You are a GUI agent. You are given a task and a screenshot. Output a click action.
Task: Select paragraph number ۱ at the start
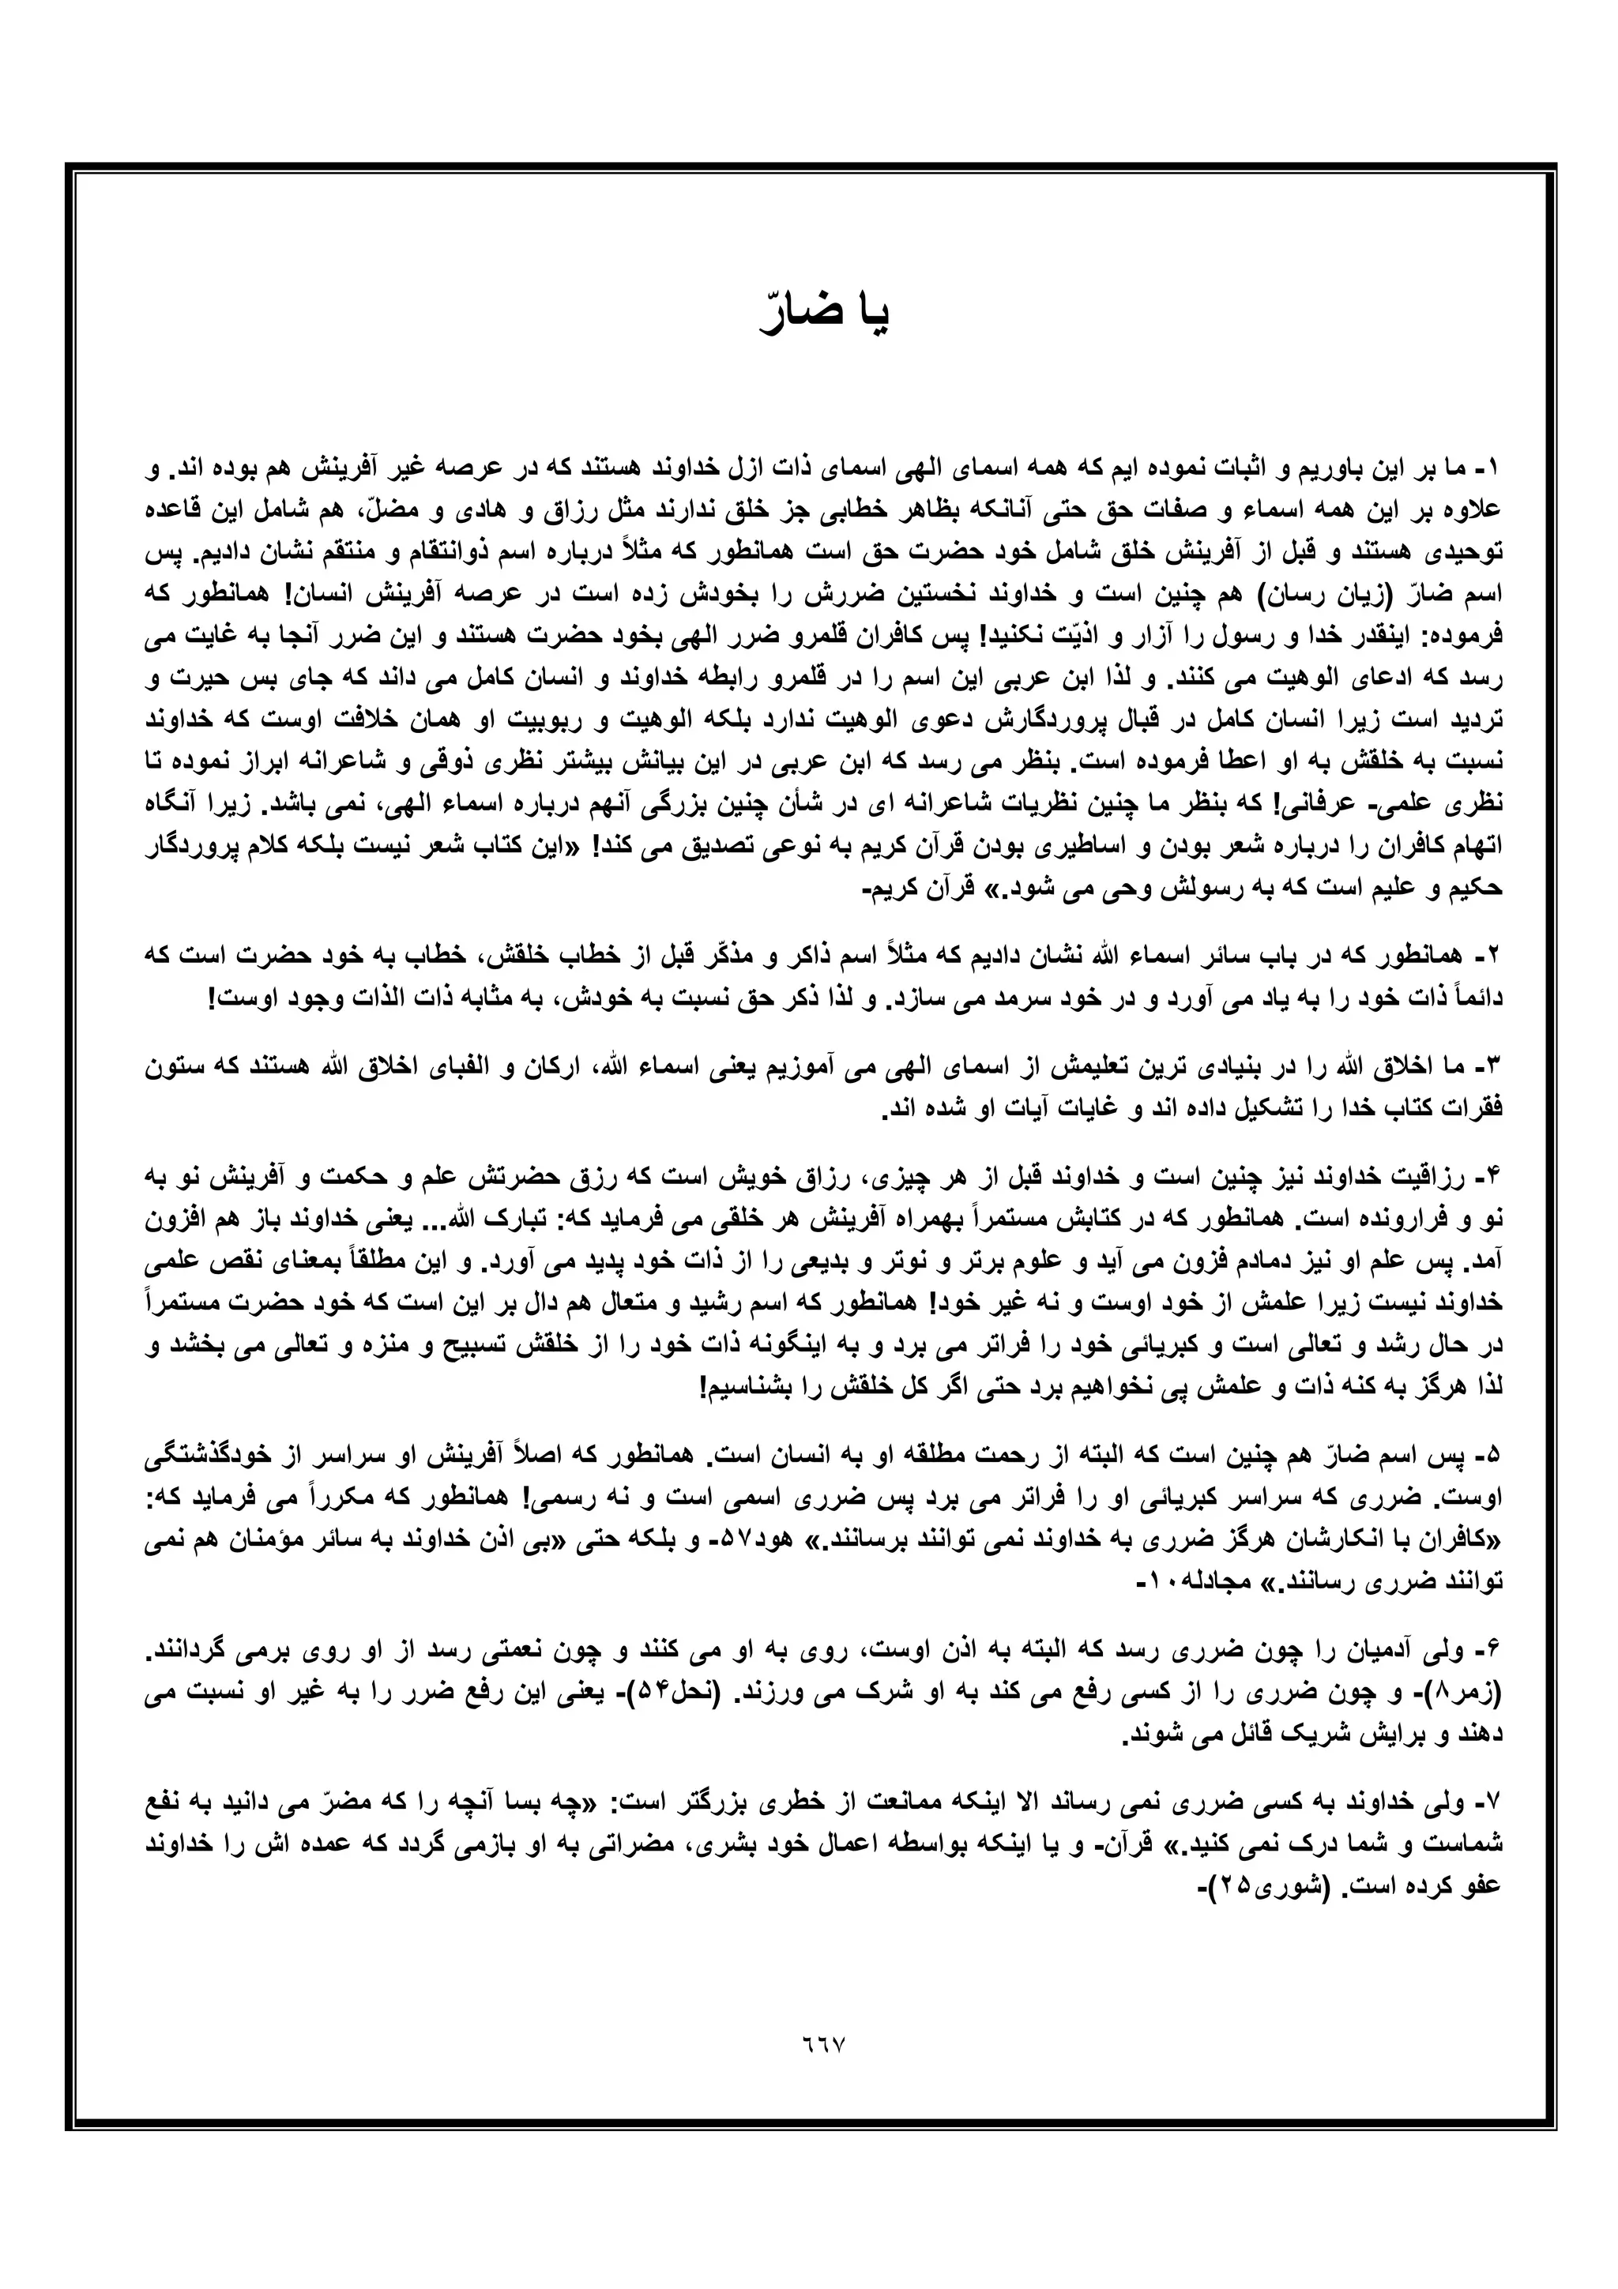1492,468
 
